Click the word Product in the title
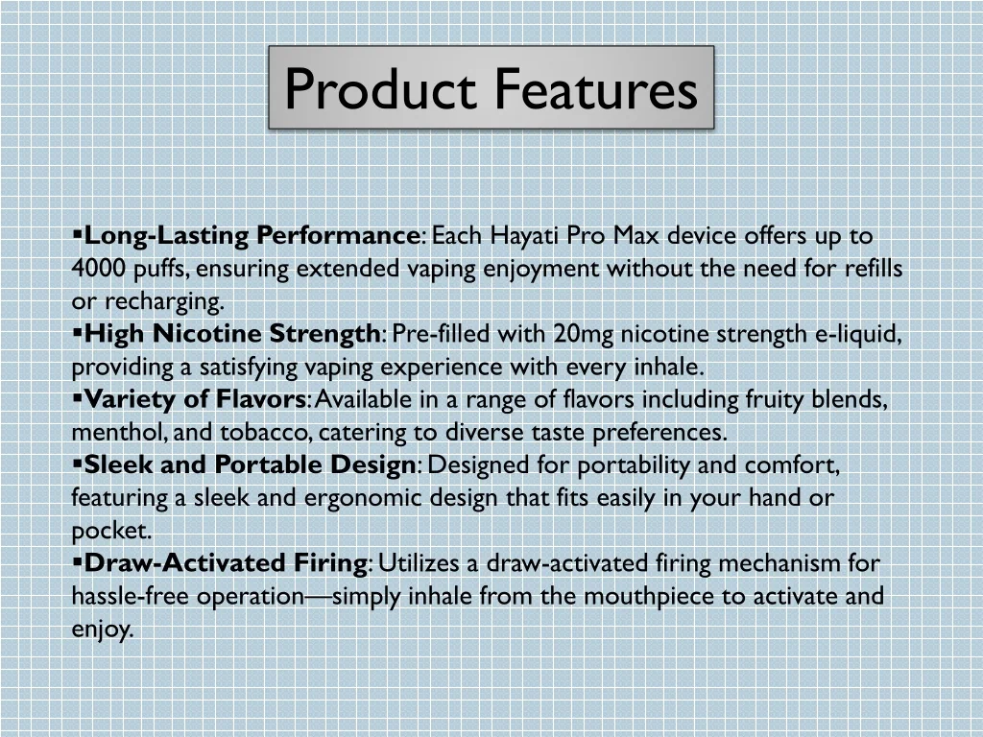click(x=380, y=88)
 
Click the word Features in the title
click(x=596, y=88)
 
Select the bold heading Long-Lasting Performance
click(x=252, y=236)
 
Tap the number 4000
click(x=98, y=269)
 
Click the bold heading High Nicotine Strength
click(x=232, y=334)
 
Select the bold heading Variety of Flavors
click(x=195, y=400)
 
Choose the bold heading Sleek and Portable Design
click(x=250, y=465)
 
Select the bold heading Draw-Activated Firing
click(x=226, y=563)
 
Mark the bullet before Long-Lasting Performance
click(x=77, y=235)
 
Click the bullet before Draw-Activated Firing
click(x=77, y=562)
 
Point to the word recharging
click(x=162, y=301)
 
